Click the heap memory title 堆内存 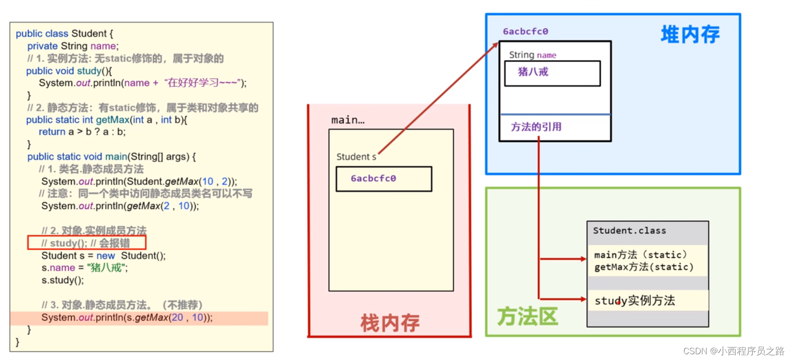point(690,34)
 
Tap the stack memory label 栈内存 point(390,323)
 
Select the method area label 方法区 point(527,316)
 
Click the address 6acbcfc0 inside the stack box point(373,179)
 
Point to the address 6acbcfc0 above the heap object point(525,32)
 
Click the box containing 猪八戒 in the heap point(552,73)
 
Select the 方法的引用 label point(536,127)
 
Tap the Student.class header point(629,231)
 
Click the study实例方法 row point(634,301)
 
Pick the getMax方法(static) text point(644,267)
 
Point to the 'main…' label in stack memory point(348,120)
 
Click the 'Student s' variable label point(356,157)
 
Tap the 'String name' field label point(532,55)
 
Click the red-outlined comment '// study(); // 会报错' point(87,243)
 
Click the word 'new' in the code point(105,256)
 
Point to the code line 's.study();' point(63,280)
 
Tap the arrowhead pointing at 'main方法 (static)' point(584,259)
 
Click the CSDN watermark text point(734,351)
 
